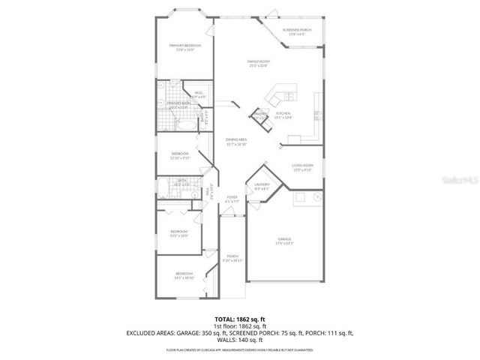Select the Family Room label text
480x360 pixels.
pyautogui.click(x=259, y=63)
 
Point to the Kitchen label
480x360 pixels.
pyautogui.click(x=283, y=115)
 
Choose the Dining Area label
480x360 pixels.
pyautogui.click(x=237, y=141)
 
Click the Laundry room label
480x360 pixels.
pyautogui.click(x=262, y=186)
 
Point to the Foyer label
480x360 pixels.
pyautogui.click(x=232, y=199)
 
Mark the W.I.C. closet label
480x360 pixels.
pyautogui.click(x=198, y=95)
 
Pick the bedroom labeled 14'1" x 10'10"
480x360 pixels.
pyautogui.click(x=184, y=274)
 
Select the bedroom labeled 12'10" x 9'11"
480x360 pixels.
pyautogui.click(x=181, y=156)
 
